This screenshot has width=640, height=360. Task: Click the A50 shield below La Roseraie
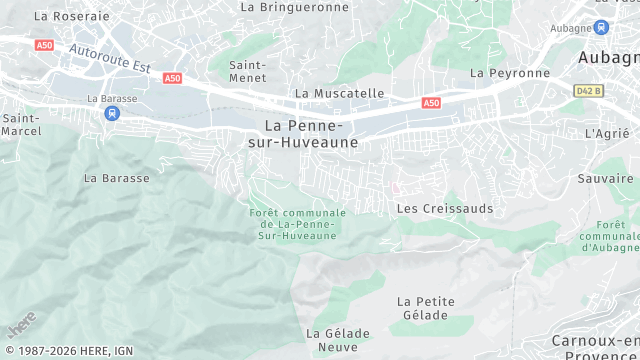44,45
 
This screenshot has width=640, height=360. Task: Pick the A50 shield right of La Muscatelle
431,103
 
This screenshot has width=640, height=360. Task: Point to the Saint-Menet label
247,71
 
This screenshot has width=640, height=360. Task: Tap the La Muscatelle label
339,93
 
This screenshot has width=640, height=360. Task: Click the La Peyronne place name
510,73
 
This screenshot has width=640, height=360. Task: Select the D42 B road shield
589,90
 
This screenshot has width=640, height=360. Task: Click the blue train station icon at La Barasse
110,113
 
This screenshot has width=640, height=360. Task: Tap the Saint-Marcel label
20,124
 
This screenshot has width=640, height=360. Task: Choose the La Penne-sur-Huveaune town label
304,134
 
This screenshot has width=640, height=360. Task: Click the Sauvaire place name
606,178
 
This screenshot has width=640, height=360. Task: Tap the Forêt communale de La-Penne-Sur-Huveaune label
297,224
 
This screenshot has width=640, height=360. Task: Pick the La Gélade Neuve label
338,340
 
